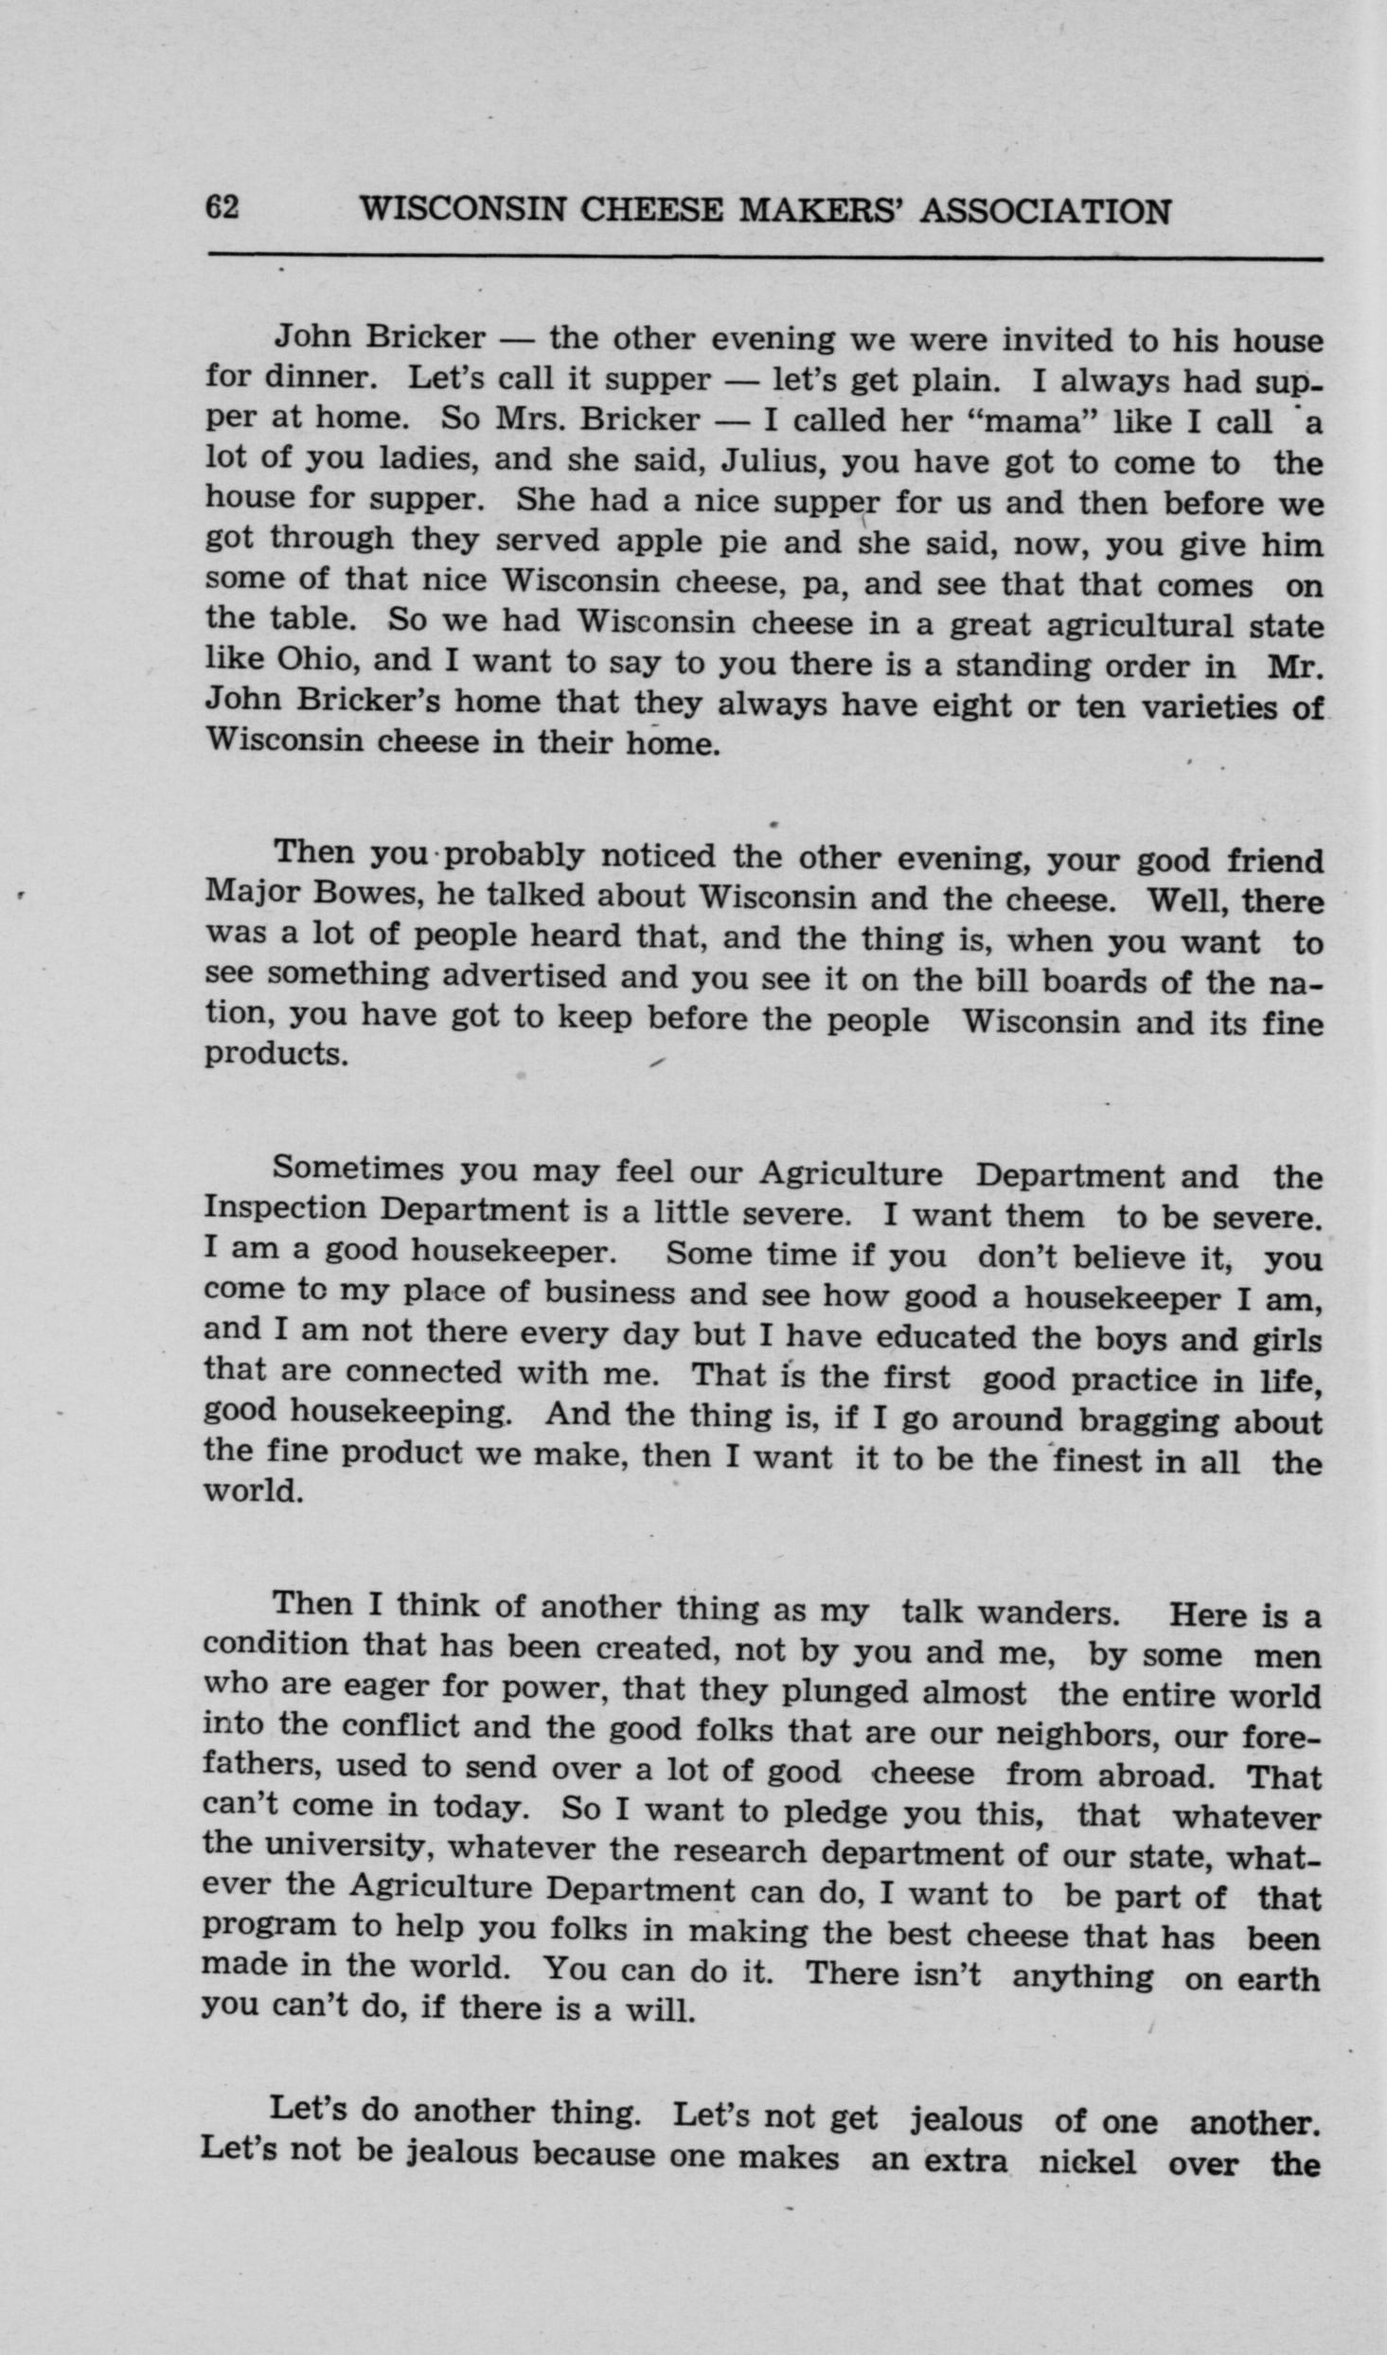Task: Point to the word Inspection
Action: pos(285,1209)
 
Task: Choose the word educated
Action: pos(944,1337)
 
